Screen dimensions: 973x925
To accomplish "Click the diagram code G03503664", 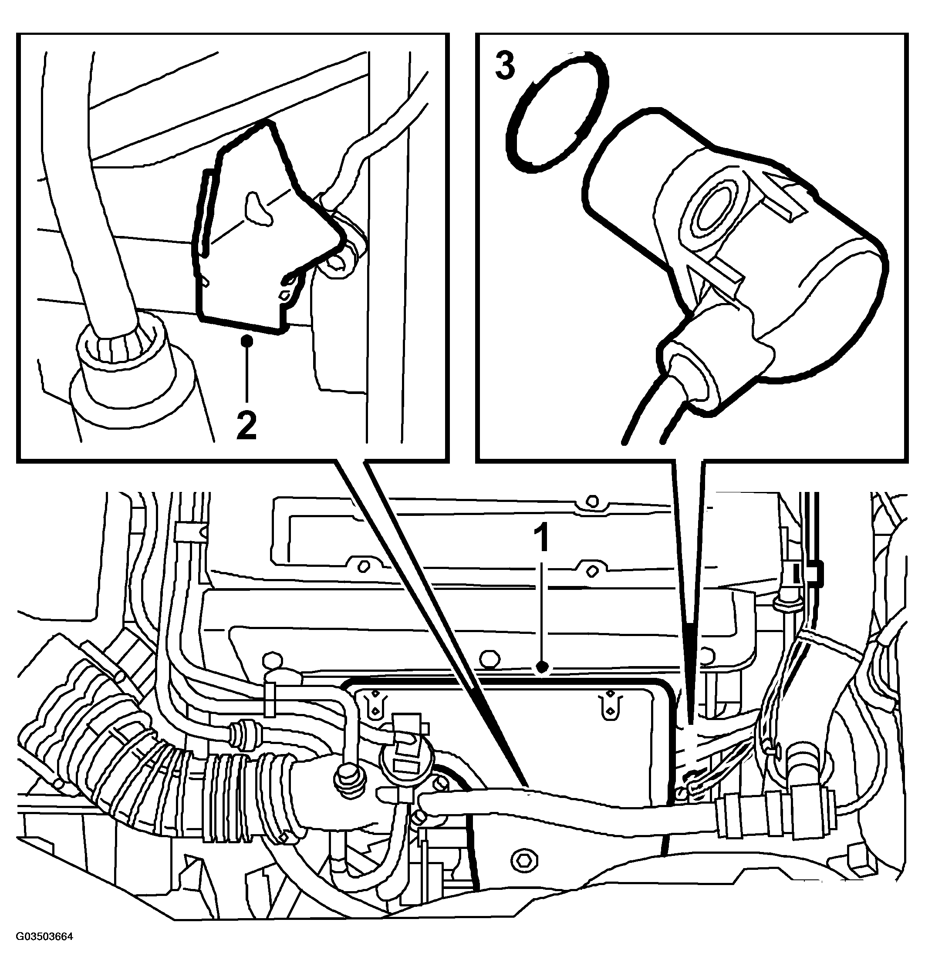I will tap(44, 950).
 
